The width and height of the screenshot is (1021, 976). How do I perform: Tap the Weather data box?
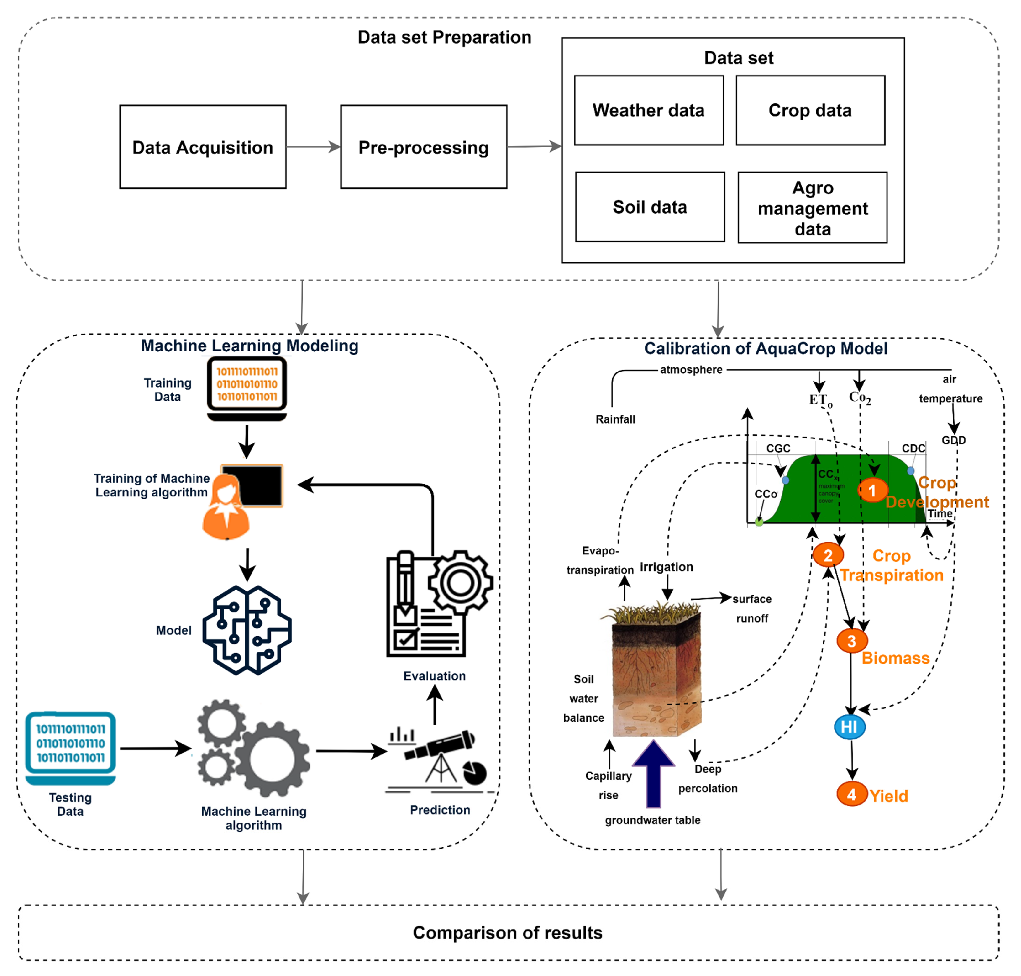648,110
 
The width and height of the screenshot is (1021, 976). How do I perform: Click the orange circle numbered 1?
872,490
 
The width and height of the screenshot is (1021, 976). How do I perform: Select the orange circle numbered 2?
827,555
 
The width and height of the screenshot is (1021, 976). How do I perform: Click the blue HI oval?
849,727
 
